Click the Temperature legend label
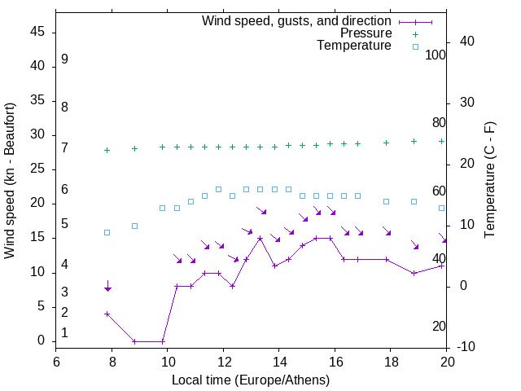coord(354,46)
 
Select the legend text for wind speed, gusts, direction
coord(296,20)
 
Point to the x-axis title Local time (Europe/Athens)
coord(251,380)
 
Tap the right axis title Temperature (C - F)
coord(489,181)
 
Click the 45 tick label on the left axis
coord(37,33)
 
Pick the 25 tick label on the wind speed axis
coord(37,169)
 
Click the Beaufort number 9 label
coord(64,59)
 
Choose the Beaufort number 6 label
coord(64,190)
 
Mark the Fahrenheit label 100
coord(436,55)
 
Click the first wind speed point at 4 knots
coord(107,314)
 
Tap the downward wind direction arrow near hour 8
coord(107,286)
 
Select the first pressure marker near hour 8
coord(107,151)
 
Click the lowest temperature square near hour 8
coord(107,232)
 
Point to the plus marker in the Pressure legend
coord(415,33)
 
